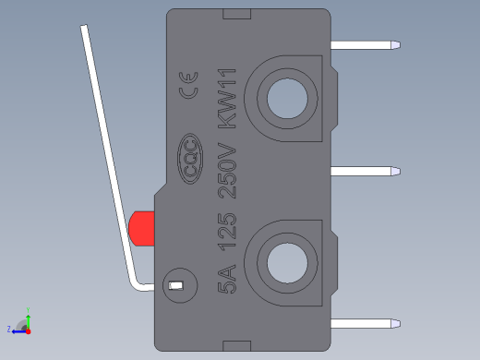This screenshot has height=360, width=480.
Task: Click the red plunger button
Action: (x=141, y=229)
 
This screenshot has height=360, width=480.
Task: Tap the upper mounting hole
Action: (x=287, y=99)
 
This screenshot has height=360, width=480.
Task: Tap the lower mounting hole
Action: (x=287, y=263)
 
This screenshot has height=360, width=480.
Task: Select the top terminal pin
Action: (x=366, y=45)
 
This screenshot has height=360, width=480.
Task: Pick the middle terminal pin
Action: (x=366, y=172)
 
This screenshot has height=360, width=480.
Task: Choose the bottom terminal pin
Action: (x=366, y=324)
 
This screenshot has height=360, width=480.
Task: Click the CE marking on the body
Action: (x=188, y=85)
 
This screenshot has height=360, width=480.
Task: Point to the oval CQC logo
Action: (x=190, y=159)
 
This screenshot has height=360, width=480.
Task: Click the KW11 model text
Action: (x=227, y=99)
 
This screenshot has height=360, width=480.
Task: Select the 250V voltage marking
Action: (x=227, y=171)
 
